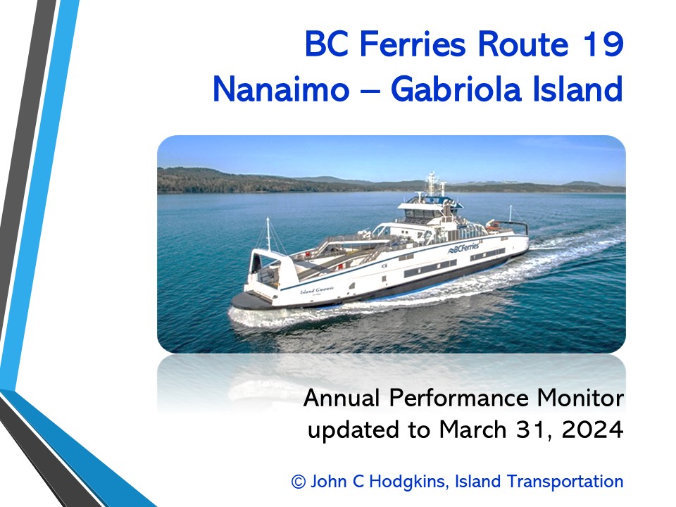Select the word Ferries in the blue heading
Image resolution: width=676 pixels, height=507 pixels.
[413, 44]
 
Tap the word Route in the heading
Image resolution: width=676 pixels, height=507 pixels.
[523, 44]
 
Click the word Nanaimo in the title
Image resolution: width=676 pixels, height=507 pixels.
[281, 89]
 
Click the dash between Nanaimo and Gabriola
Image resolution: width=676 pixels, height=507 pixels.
[370, 92]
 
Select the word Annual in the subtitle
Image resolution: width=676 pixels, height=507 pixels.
[342, 397]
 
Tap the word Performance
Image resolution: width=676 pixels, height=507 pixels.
[458, 399]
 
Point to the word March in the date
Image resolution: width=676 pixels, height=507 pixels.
[472, 430]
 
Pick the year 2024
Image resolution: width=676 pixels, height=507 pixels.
[593, 430]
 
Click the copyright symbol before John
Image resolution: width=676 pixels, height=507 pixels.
[299, 482]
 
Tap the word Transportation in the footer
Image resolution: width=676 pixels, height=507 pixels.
[565, 481]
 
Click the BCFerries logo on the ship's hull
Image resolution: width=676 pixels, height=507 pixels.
[463, 248]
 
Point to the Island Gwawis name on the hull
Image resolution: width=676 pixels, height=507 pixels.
[317, 290]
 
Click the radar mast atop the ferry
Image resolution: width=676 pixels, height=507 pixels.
[432, 183]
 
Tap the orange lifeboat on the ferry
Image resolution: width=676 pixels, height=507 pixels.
[492, 225]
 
